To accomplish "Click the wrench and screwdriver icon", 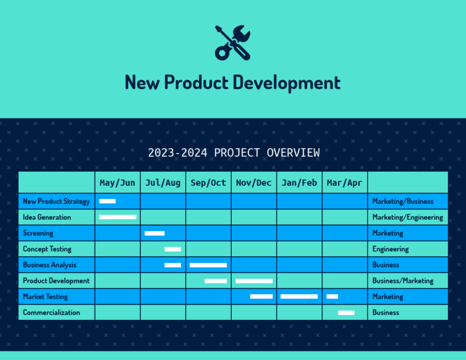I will click(232, 42).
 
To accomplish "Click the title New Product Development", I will click(232, 82).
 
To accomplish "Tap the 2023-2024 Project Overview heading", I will click(234, 152).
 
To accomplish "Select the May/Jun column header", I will click(117, 183).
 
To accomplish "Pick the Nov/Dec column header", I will click(254, 183).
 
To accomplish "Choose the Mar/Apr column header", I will click(344, 183).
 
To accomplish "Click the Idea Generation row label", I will click(47, 217).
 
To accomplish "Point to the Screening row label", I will click(38, 233).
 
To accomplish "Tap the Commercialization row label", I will click(51, 313).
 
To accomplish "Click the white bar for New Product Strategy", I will click(107, 201).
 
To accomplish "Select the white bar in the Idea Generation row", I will click(118, 217).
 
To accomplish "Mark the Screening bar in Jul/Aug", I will click(155, 233).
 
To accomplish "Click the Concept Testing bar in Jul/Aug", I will click(172, 249).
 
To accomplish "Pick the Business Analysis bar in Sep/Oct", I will click(208, 265).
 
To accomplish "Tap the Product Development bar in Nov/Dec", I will click(254, 280).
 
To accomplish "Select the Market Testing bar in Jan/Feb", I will click(299, 296).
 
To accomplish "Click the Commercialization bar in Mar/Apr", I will click(346, 313).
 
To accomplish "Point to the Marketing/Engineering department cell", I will click(408, 217).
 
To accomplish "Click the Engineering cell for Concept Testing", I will click(391, 249).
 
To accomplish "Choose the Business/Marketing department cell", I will click(403, 280).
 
